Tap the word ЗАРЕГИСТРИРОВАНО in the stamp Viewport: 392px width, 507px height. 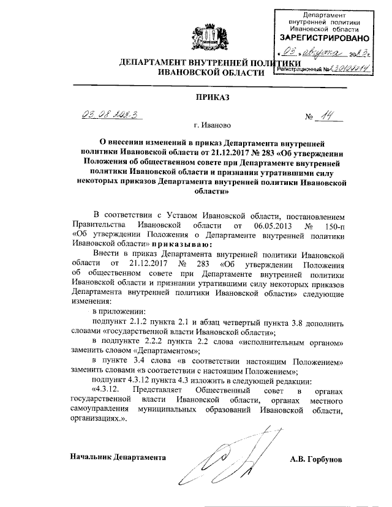point(324,38)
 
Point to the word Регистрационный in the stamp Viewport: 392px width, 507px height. point(300,70)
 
